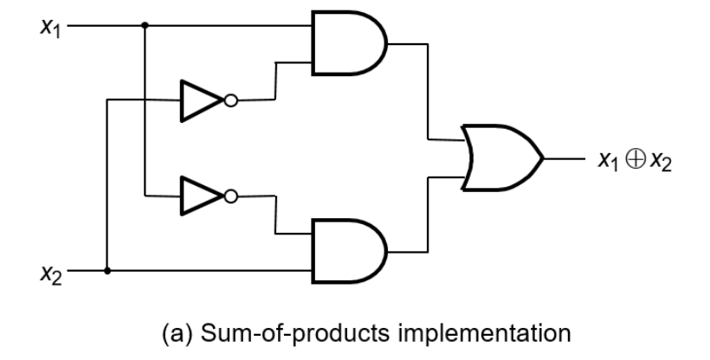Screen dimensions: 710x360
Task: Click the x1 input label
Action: coord(50,28)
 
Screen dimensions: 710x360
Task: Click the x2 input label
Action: coord(50,274)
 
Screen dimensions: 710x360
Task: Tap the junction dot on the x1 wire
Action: coord(145,25)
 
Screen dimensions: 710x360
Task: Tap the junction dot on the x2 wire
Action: coord(107,271)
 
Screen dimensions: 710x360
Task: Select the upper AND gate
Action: coord(349,43)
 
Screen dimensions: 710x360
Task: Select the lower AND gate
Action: coord(349,251)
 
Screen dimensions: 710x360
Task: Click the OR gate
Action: coord(501,158)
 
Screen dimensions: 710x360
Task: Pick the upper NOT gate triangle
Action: coord(202,100)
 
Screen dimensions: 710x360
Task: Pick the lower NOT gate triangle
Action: coord(202,196)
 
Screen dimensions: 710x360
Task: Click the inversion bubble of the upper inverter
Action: coord(231,100)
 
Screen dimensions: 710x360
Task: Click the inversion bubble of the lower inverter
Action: coord(231,196)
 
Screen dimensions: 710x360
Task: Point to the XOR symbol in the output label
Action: coord(636,160)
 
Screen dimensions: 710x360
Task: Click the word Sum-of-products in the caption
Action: coord(294,334)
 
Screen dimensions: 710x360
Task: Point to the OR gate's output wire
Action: coord(565,158)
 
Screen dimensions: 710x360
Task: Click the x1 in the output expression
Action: coord(608,161)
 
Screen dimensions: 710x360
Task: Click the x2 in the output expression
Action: coord(661,161)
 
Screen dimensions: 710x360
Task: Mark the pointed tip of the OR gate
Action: coord(544,158)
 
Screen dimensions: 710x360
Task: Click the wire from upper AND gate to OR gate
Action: coord(428,92)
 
